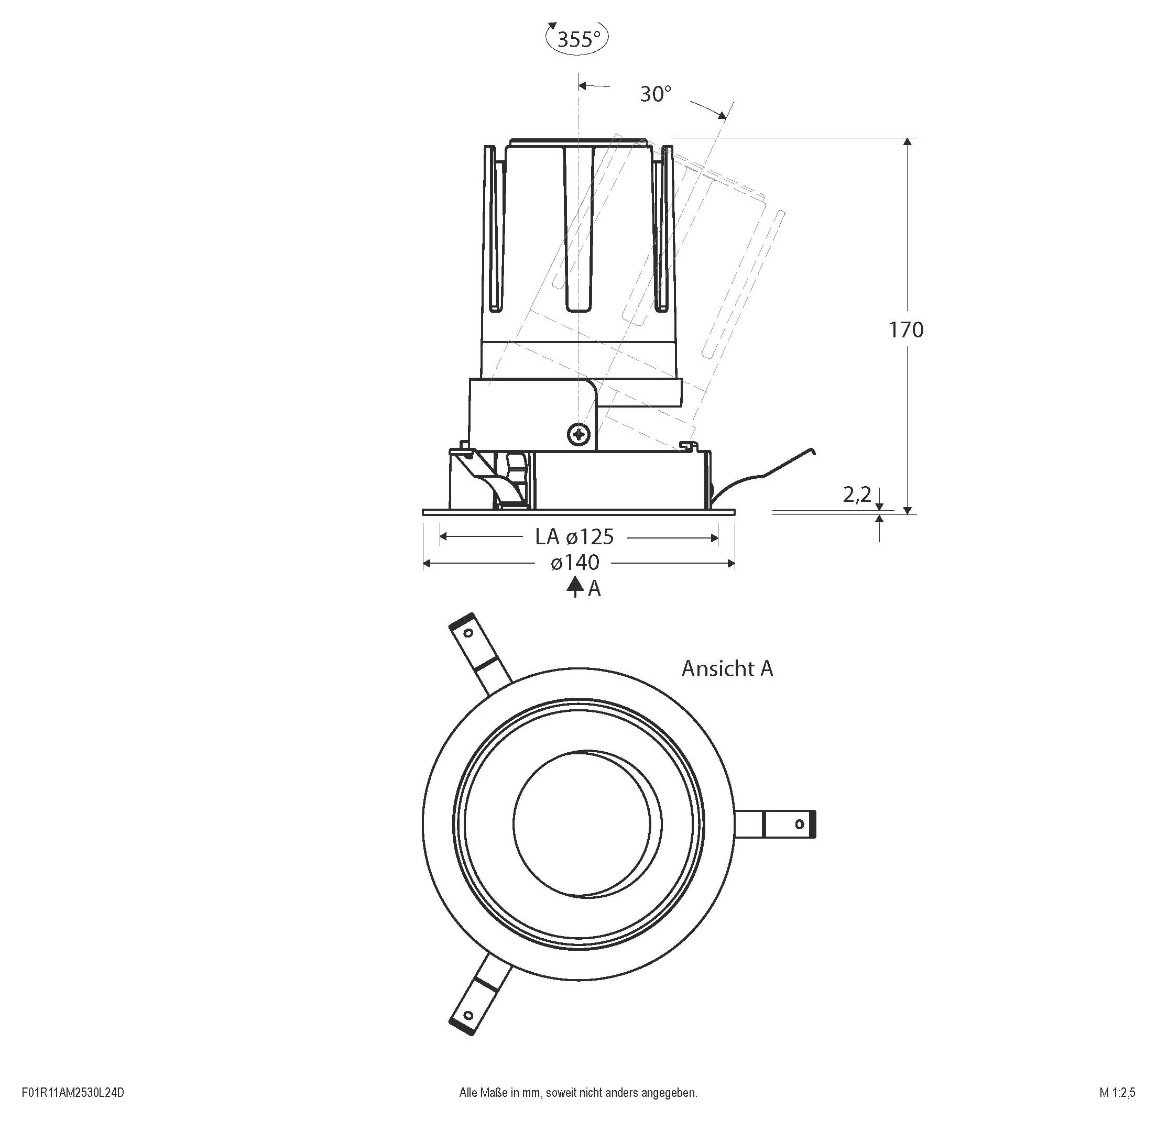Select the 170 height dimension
click(906, 330)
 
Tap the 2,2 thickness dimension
click(857, 495)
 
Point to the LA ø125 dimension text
click(574, 537)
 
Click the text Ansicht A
click(727, 668)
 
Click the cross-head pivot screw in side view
click(579, 435)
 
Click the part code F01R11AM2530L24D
click(73, 1092)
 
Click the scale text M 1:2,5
click(1117, 1092)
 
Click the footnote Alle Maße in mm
click(578, 1092)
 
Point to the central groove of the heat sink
click(578, 230)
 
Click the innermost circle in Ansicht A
click(582, 823)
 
